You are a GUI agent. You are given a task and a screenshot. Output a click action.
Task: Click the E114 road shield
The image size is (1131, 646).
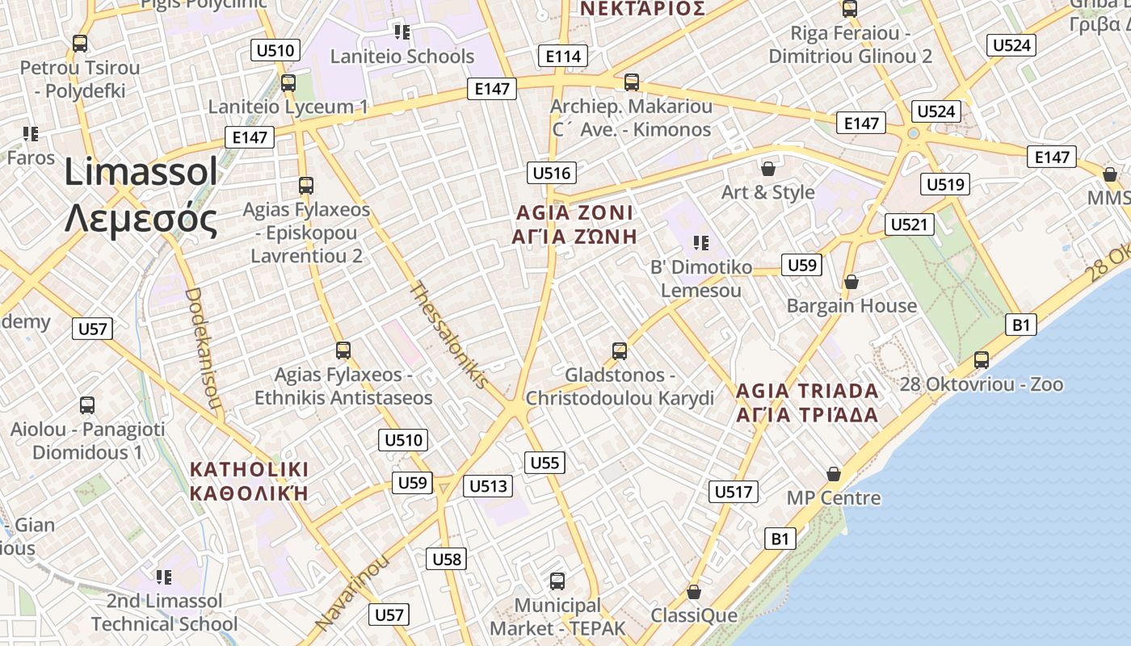pyautogui.click(x=563, y=56)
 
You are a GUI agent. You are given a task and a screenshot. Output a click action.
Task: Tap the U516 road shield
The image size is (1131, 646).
pyautogui.click(x=552, y=173)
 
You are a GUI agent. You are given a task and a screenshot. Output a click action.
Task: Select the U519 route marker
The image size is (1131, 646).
pyautogui.click(x=945, y=184)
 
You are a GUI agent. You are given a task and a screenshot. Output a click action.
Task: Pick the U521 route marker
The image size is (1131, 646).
pyautogui.click(x=910, y=224)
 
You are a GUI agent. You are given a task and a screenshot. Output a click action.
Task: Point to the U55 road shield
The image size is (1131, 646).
pyautogui.click(x=544, y=463)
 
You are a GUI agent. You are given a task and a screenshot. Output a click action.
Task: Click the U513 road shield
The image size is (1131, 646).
pyautogui.click(x=488, y=485)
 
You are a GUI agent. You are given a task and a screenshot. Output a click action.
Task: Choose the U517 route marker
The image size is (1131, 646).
pyautogui.click(x=734, y=491)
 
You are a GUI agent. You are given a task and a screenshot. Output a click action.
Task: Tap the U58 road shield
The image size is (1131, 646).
pyautogui.click(x=447, y=559)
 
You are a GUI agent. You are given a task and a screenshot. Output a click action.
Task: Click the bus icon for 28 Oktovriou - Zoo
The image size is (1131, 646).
pyautogui.click(x=982, y=359)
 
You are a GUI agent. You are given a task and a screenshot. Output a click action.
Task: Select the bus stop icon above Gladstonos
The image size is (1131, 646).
pyautogui.click(x=620, y=350)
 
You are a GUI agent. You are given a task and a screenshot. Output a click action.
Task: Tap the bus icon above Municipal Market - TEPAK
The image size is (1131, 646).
pyautogui.click(x=557, y=581)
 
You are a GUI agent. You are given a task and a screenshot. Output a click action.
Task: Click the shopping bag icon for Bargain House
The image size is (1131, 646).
pyautogui.click(x=851, y=282)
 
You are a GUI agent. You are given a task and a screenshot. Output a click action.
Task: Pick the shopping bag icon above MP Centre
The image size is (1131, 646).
pyautogui.click(x=834, y=473)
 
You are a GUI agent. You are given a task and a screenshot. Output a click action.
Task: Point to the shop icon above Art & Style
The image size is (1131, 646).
pyautogui.click(x=768, y=169)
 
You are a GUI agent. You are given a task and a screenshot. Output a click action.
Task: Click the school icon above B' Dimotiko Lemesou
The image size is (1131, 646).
pyautogui.click(x=700, y=242)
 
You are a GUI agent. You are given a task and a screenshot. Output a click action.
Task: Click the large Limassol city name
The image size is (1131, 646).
pyautogui.click(x=141, y=195)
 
